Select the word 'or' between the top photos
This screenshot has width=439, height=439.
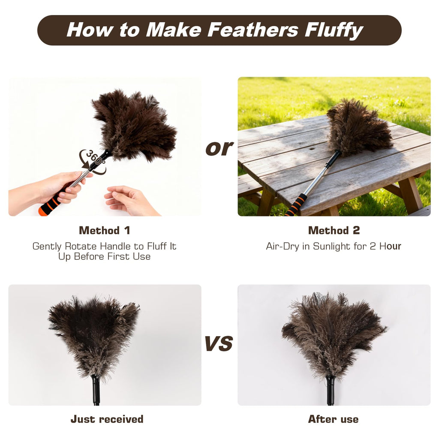coord(219,148)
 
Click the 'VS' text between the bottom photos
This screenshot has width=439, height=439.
coord(219,343)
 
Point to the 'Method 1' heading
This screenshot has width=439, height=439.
coord(105,230)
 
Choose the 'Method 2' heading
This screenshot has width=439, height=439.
coord(334,230)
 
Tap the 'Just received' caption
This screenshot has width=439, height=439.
coord(107,419)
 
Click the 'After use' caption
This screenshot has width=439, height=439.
coord(333,419)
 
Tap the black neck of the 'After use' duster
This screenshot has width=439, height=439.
coord(331,391)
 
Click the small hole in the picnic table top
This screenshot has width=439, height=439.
coord(312,149)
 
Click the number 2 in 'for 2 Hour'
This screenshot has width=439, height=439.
coord(373,247)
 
